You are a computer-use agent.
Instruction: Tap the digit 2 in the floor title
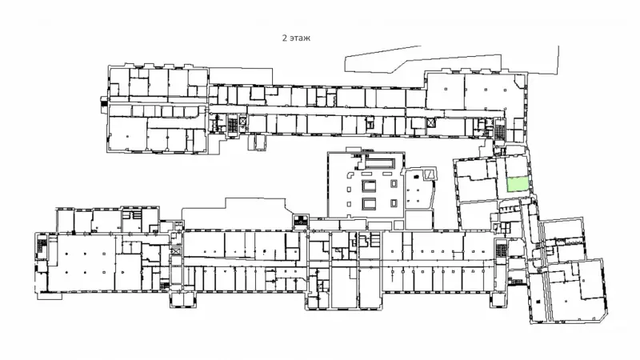click(x=285, y=38)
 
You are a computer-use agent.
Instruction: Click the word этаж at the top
click(x=300, y=38)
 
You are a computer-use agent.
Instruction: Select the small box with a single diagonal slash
click(x=428, y=174)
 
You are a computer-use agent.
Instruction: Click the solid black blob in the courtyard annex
click(x=416, y=176)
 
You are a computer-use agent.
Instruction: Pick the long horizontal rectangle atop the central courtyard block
click(x=381, y=164)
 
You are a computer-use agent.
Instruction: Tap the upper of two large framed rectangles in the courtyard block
click(x=369, y=186)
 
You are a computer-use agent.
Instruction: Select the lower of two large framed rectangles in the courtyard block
click(x=369, y=203)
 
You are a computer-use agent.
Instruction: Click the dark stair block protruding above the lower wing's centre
click(x=301, y=221)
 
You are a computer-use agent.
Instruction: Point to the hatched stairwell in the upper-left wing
click(x=232, y=124)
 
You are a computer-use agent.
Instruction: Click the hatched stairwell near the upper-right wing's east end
click(x=499, y=130)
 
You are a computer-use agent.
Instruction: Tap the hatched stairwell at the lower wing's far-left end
click(x=42, y=247)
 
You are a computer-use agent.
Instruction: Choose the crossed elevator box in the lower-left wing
click(x=176, y=251)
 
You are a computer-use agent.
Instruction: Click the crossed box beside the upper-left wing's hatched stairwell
click(x=242, y=121)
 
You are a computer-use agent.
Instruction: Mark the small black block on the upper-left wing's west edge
click(x=104, y=102)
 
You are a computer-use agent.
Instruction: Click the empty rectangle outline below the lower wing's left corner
click(x=50, y=296)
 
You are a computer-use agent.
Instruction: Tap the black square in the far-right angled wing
click(x=538, y=302)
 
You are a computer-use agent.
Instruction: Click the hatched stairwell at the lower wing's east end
click(x=501, y=248)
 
